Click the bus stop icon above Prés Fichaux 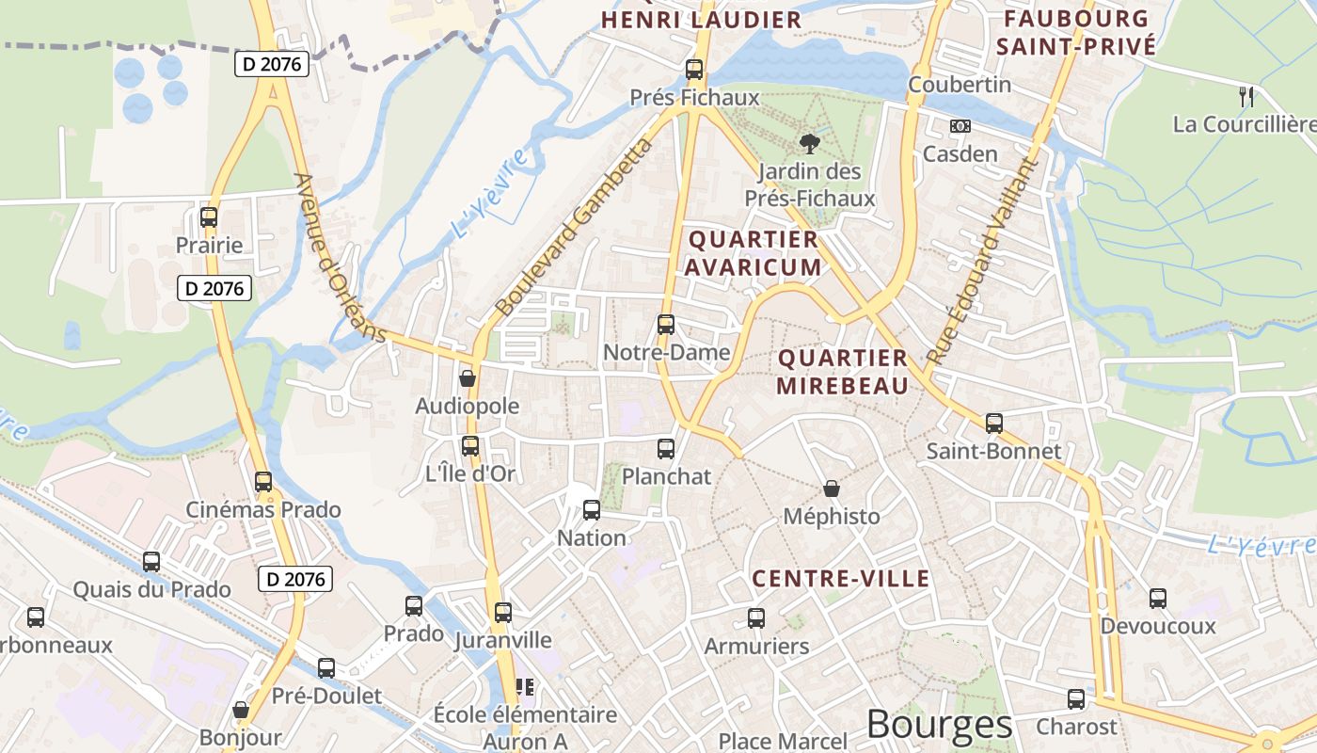694,69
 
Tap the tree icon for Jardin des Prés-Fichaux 809,143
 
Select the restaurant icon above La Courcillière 1246,95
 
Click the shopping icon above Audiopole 468,378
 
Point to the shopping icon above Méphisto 832,488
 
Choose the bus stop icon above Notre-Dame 666,325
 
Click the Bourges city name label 939,724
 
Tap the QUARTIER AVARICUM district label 753,253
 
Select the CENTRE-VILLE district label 841,578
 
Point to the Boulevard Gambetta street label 573,227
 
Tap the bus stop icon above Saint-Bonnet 994,423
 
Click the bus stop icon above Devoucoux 1158,598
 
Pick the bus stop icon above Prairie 209,217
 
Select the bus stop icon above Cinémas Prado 263,482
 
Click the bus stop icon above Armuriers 756,617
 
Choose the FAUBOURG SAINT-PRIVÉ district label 1075,32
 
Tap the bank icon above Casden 960,125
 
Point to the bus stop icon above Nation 592,510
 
